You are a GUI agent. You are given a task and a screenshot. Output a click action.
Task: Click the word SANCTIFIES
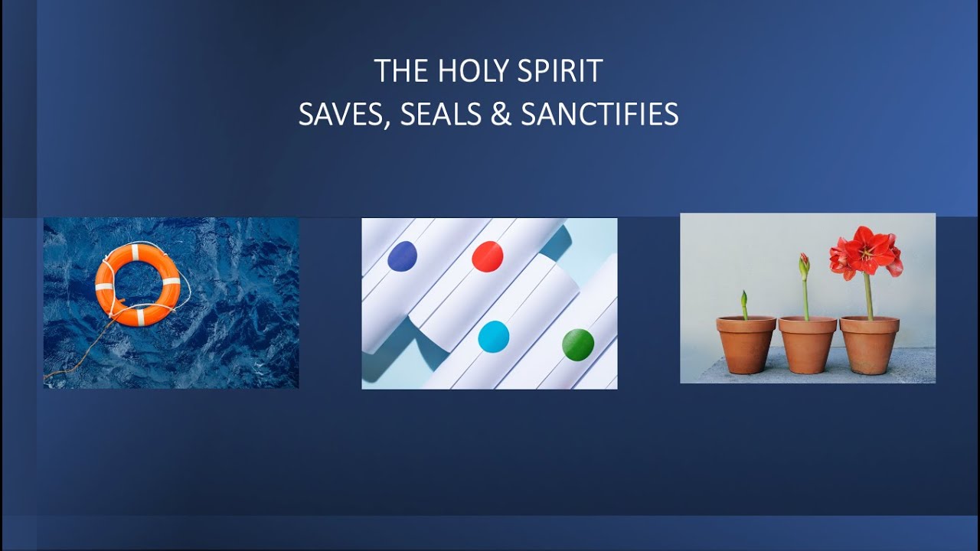(599, 115)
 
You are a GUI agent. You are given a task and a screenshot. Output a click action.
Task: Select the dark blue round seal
(402, 256)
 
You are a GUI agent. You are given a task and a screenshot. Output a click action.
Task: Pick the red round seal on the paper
(487, 256)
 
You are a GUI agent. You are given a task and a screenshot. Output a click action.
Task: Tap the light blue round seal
(493, 337)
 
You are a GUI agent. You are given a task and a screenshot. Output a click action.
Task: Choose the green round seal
(578, 344)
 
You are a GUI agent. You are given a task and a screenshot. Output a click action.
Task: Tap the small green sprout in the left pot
(743, 304)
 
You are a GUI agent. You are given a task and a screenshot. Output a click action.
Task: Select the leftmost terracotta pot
(746, 345)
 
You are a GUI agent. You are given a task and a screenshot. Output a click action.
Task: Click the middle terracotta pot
(807, 345)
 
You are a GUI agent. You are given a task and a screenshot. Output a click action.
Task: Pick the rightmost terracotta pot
(869, 345)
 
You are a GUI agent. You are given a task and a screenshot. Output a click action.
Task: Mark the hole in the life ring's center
(138, 283)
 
